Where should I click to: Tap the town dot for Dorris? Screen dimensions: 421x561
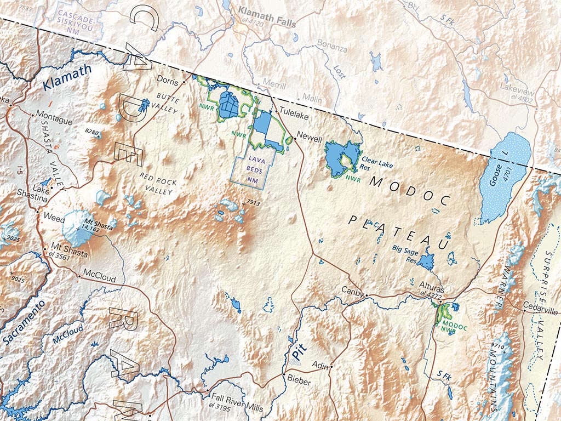click(184, 81)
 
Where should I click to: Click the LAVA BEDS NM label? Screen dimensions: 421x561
click(252, 169)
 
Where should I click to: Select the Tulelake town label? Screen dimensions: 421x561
click(294, 116)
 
